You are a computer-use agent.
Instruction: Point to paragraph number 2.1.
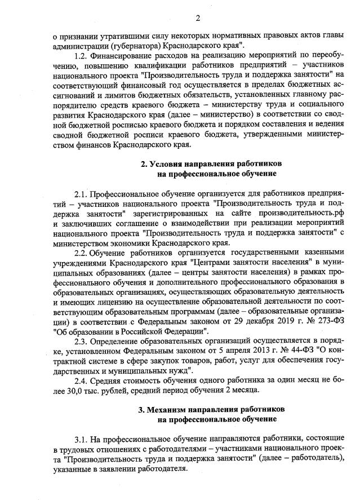coord(81,194)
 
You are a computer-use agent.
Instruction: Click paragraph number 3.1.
coord(81,438)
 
